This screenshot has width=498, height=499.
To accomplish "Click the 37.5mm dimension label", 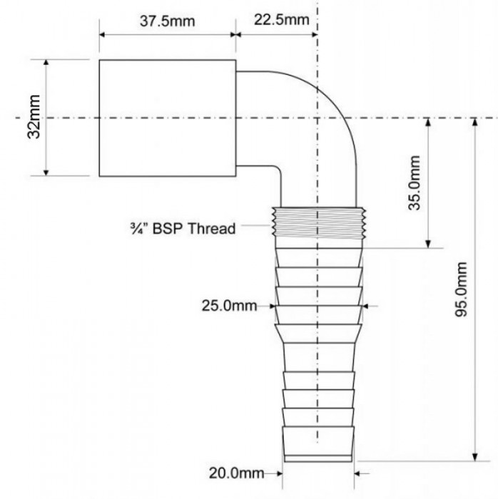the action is click(x=167, y=21).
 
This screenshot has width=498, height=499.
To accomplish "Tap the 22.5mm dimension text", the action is click(x=282, y=20).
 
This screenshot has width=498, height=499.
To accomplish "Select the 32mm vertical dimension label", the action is click(x=34, y=117).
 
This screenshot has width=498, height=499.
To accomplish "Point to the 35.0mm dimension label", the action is click(x=415, y=182).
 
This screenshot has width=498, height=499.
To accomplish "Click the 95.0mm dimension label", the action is click(x=462, y=289).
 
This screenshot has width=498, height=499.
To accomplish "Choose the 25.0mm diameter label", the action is click(x=229, y=306).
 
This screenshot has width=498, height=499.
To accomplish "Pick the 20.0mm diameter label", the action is click(x=236, y=473).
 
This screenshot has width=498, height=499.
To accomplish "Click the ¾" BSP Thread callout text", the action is click(x=183, y=229).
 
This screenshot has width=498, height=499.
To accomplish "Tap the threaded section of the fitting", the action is click(x=319, y=222).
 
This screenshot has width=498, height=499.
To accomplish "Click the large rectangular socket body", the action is click(x=168, y=118).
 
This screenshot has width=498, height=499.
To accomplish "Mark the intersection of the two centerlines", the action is click(x=317, y=118).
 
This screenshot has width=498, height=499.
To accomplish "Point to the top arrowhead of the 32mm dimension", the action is click(x=46, y=63).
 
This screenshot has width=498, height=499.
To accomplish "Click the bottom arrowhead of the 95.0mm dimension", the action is click(x=474, y=458).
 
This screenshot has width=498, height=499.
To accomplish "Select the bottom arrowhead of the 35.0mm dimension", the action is click(x=428, y=245).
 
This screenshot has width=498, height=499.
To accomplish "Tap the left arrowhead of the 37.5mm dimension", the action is click(x=103, y=35).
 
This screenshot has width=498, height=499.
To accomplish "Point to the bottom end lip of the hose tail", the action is click(x=318, y=458).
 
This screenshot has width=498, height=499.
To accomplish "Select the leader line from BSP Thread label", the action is click(x=255, y=226).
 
